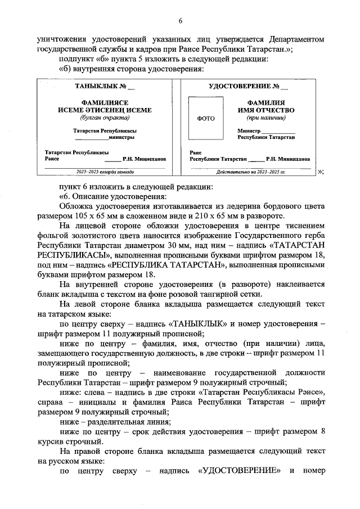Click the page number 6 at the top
(x=181, y=21)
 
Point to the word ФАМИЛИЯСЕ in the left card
(x=105, y=103)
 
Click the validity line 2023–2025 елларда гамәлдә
(x=105, y=172)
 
